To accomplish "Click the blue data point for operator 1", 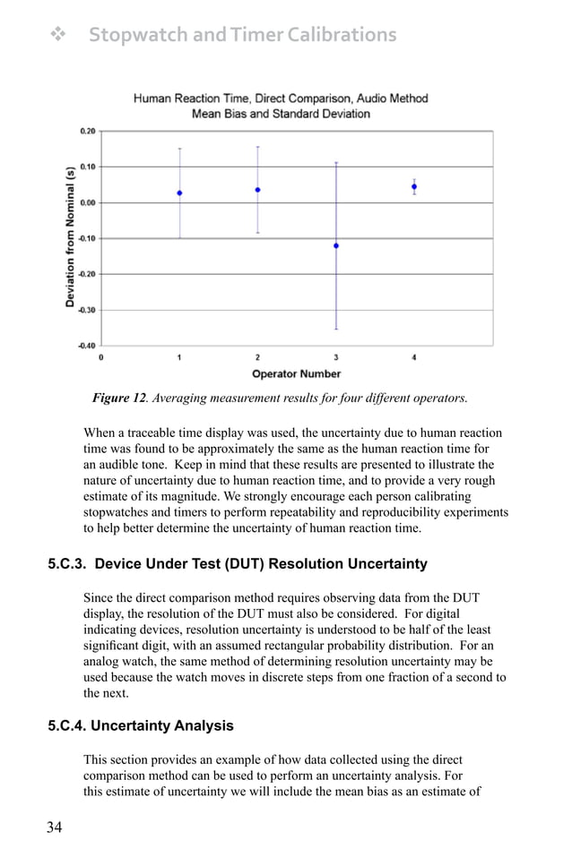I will [179, 193].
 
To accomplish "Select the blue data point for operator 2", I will [257, 190].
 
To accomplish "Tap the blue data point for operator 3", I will [336, 245].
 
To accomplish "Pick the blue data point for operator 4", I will [414, 187].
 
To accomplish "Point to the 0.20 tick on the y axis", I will [88, 131].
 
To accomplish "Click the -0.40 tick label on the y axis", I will [86, 346].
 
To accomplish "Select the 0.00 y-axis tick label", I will [88, 202].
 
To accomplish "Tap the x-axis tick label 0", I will [101, 358].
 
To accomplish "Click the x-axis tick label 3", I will [336, 358].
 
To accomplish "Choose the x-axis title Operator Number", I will [296, 373].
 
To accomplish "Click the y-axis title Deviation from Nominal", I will [70, 237].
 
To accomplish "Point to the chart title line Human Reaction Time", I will [281, 99].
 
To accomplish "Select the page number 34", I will [55, 827].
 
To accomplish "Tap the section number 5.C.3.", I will [68, 564].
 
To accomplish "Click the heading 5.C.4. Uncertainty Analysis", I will [140, 726].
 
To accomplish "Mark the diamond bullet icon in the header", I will [59, 35].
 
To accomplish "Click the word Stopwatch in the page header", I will [138, 35].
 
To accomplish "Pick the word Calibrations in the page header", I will [334, 35].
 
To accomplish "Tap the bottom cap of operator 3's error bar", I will [336, 330].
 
